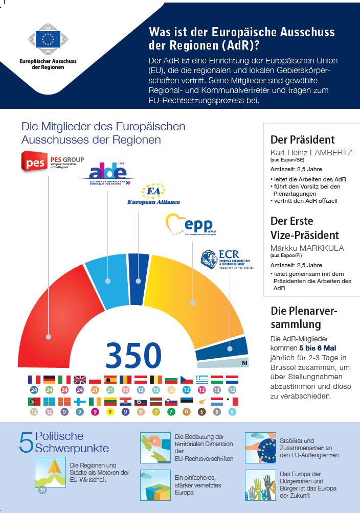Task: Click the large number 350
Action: pyautogui.click(x=133, y=355)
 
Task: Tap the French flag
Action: pyautogui.click(x=34, y=380)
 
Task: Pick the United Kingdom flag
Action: pyautogui.click(x=80, y=380)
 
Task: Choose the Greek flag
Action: pyautogui.click(x=202, y=380)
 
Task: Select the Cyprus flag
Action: pyautogui.click(x=202, y=401)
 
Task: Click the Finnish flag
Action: pyautogui.click(x=80, y=401)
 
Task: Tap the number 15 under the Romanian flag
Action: pyautogui.click(x=125, y=390)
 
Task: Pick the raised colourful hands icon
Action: pyautogui.click(x=260, y=485)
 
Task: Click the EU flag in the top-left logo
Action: pyautogui.click(x=48, y=38)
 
